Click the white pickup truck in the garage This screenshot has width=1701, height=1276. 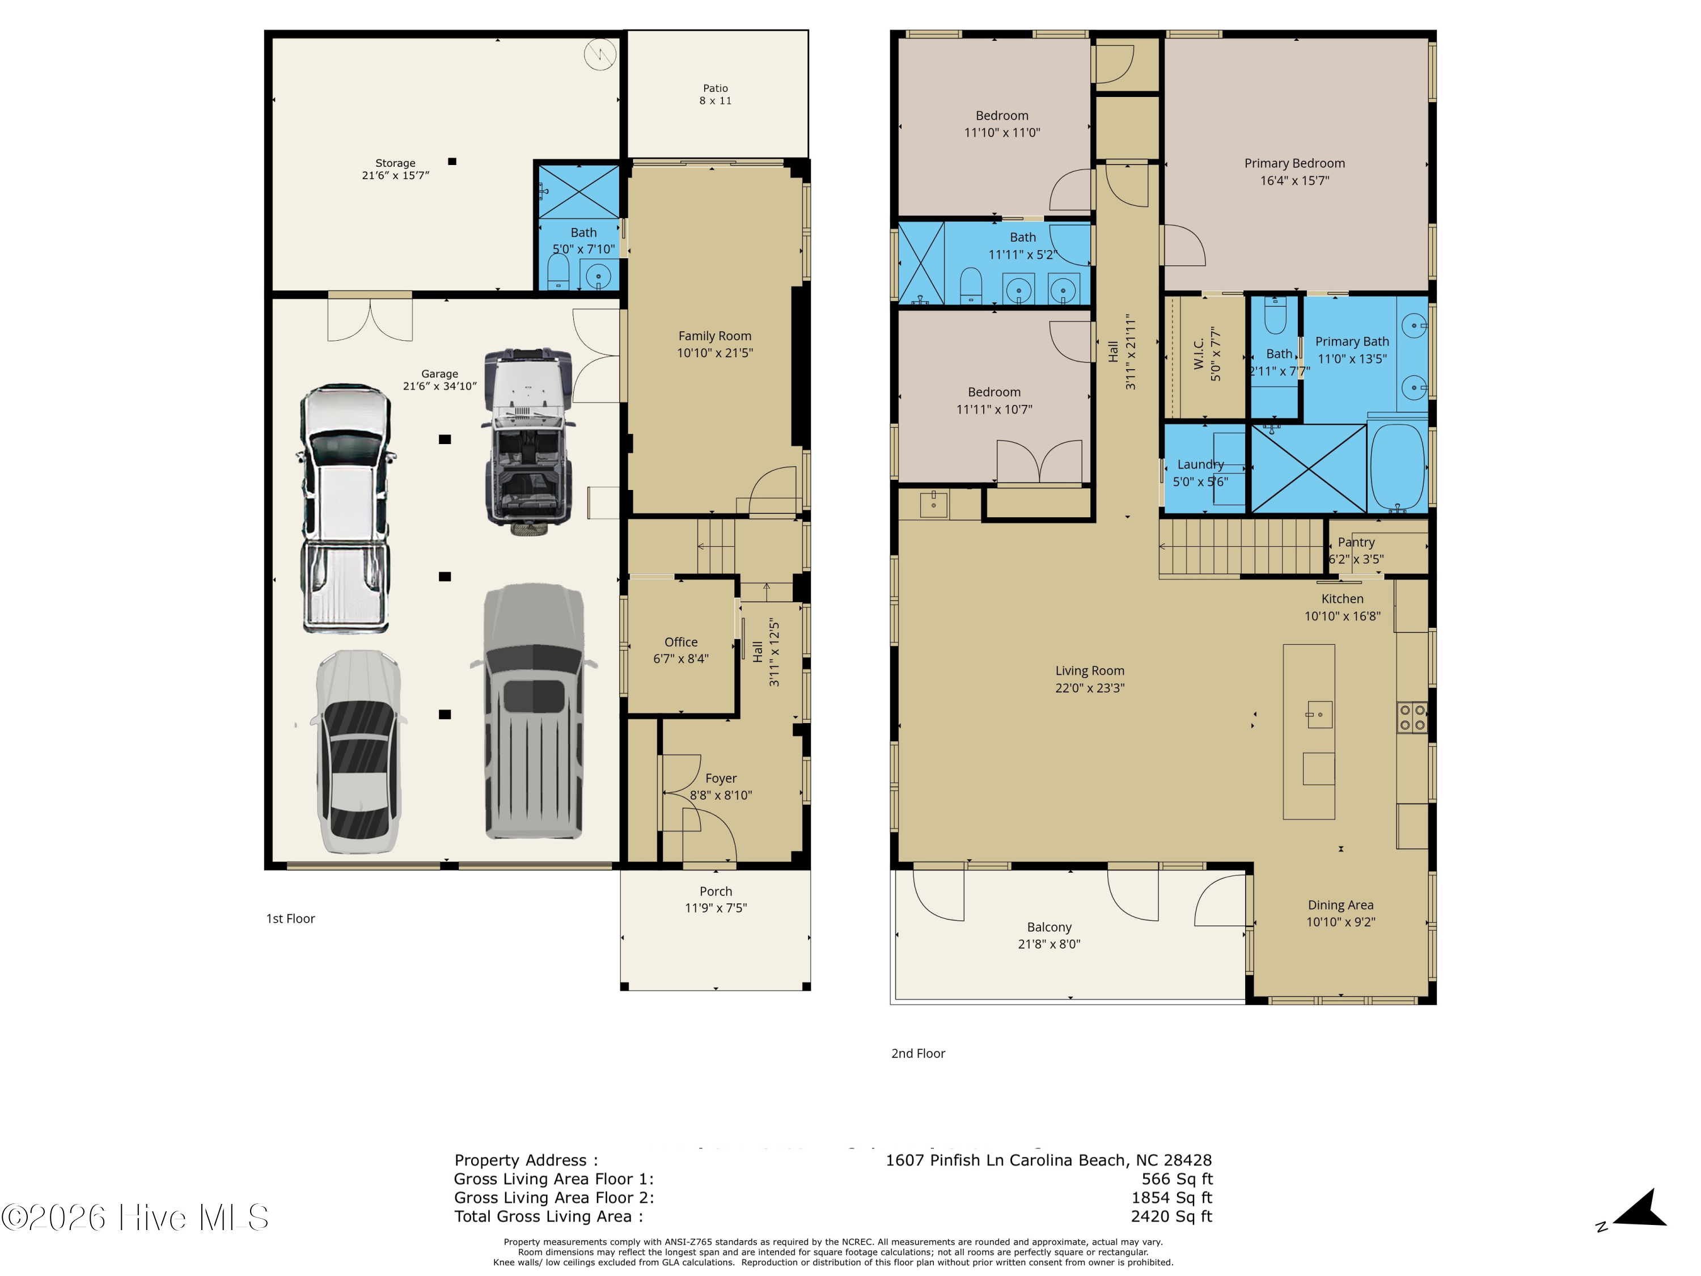coord(345,508)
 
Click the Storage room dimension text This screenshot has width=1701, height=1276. coord(395,175)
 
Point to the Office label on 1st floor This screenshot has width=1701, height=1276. coord(680,641)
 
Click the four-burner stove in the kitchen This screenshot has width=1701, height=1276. coord(1412,717)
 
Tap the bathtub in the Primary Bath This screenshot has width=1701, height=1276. coord(1397,466)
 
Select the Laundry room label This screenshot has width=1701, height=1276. coord(1200,464)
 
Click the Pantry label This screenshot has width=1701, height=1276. coord(1356,542)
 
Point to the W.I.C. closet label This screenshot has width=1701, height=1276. coord(1199,354)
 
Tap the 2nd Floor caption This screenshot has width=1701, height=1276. coord(917,1053)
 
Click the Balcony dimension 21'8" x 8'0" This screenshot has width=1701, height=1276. coord(1048,944)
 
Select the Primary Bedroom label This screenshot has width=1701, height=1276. coord(1294,163)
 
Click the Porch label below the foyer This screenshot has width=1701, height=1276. coord(715,891)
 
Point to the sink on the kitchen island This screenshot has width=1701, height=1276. coord(1319,715)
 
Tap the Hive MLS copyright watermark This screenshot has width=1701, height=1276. coord(134,1218)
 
